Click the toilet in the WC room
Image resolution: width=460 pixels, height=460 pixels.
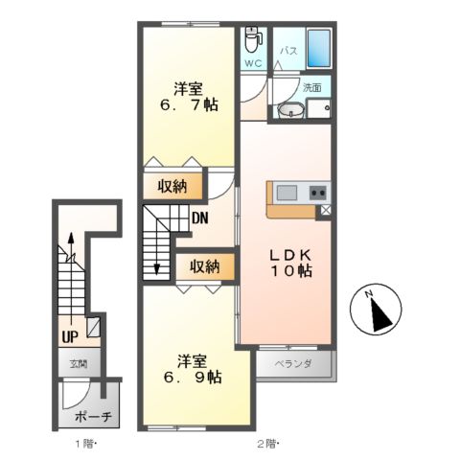tap(253, 39)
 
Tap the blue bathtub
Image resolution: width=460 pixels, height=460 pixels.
tap(318, 48)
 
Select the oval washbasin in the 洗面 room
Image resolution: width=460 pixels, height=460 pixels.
tap(290, 110)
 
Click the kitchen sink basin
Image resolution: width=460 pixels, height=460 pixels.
tap(287, 193)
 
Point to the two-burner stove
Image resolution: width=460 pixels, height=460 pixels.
tap(318, 193)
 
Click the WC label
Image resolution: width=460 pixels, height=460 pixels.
tap(253, 63)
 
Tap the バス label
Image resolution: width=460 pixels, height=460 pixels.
tap(289, 51)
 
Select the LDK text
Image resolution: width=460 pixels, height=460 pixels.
tap(290, 255)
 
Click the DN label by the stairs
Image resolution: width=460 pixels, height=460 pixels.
tap(200, 218)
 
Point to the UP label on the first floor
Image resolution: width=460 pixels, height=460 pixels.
tap(70, 336)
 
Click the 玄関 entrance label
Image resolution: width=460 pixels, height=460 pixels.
tap(79, 363)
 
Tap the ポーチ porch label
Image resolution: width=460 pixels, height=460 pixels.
tap(93, 417)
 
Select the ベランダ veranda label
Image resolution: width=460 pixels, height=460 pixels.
tap(293, 363)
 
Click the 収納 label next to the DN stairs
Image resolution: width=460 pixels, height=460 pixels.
tap(172, 186)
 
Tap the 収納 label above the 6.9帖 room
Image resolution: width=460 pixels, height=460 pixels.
tap(205, 266)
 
